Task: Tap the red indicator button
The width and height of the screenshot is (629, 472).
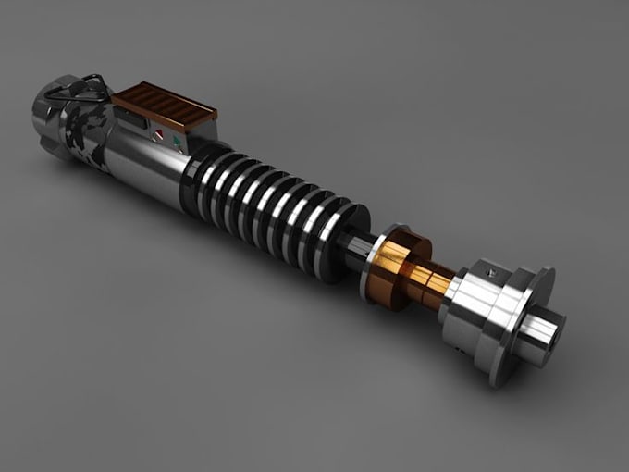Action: click(157, 136)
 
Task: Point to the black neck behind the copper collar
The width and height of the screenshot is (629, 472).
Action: click(357, 251)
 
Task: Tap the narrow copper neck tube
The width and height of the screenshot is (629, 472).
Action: click(436, 278)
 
